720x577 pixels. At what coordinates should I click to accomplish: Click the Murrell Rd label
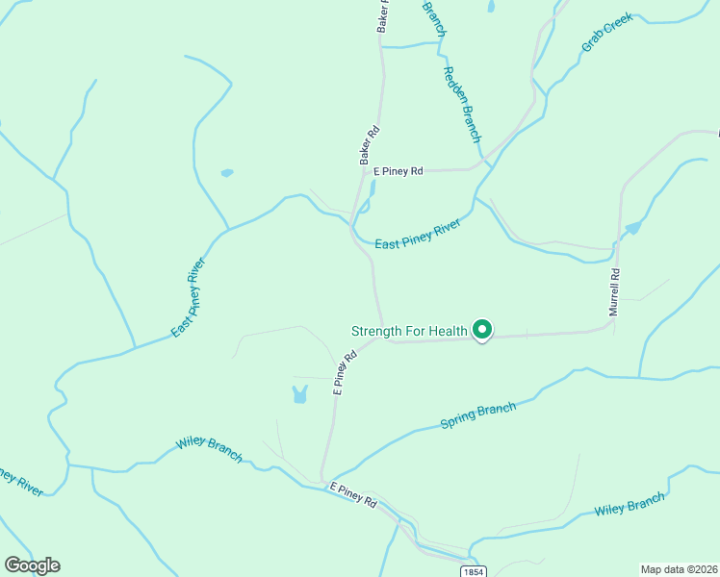(614, 292)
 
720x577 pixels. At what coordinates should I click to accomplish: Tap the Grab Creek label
(606, 33)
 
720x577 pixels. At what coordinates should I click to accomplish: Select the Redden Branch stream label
(461, 104)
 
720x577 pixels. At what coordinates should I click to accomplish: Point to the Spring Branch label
(478, 415)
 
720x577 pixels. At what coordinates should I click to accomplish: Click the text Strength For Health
(409, 332)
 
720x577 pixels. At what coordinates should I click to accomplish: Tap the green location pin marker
(482, 330)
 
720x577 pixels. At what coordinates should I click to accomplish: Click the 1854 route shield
(473, 571)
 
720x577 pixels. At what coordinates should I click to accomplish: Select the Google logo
(32, 565)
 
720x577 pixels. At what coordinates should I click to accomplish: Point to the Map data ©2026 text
(679, 568)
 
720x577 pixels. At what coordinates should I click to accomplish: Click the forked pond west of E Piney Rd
(299, 394)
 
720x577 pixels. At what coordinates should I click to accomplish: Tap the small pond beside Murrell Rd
(632, 228)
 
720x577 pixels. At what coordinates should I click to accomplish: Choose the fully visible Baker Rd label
(370, 145)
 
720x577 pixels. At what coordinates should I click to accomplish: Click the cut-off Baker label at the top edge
(383, 17)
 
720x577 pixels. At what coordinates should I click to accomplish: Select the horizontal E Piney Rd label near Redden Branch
(399, 171)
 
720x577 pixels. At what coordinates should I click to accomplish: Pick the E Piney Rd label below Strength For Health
(345, 372)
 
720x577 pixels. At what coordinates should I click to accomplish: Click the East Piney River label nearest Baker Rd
(418, 235)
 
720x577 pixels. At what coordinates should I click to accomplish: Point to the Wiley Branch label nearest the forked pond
(209, 449)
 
